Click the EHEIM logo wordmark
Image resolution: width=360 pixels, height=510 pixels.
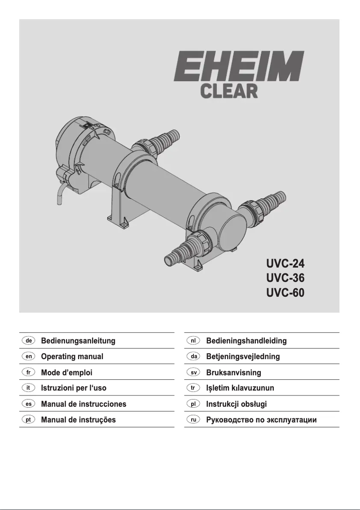click(238, 66)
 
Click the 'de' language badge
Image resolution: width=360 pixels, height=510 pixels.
click(28, 341)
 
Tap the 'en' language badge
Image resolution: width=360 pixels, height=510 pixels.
click(28, 356)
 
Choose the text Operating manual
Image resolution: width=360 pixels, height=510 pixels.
click(72, 357)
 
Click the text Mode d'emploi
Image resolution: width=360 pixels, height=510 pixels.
click(67, 373)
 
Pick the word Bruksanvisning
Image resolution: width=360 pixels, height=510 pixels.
click(233, 373)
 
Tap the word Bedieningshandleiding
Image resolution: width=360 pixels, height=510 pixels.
click(246, 341)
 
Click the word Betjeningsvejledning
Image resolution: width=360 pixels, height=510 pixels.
click(243, 357)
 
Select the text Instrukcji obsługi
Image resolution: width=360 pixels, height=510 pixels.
click(236, 404)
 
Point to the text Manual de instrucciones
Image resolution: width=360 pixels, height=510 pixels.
click(83, 404)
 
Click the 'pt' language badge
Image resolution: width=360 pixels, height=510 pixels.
click(28, 420)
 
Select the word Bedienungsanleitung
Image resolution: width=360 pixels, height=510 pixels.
click(78, 341)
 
